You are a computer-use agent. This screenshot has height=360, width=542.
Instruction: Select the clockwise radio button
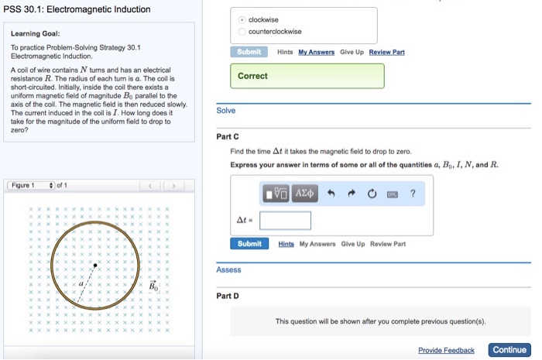242,19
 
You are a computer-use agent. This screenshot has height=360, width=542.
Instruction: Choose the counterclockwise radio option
242,32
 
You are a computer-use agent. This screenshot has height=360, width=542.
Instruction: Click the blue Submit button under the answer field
249,244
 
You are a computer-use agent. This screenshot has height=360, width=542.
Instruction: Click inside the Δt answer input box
285,221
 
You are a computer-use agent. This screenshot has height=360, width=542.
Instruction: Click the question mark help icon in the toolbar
413,194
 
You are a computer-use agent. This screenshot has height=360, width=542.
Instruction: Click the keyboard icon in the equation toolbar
393,194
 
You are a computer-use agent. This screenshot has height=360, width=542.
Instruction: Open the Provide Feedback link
446,350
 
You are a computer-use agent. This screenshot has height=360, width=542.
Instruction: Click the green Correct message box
307,76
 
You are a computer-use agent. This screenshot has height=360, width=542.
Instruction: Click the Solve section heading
225,111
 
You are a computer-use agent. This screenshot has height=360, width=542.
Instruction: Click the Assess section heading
228,269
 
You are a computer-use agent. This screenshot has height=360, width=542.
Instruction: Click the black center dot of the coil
95,266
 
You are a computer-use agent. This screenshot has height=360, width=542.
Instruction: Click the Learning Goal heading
35,34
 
